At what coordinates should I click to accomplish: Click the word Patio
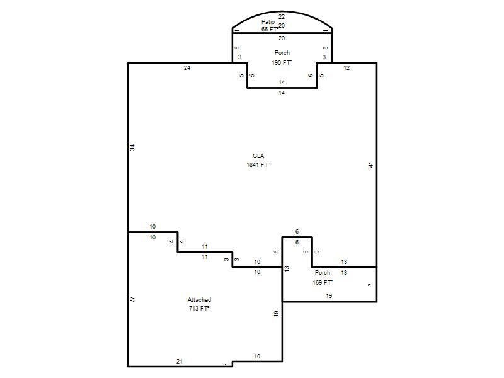click(268, 22)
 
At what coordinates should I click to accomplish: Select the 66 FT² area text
click(270, 29)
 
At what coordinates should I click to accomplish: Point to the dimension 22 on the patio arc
click(282, 17)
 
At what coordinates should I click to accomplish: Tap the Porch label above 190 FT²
click(282, 53)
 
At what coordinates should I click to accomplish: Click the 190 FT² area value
click(282, 62)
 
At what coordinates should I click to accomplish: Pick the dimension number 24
click(187, 68)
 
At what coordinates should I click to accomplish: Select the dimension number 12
click(346, 68)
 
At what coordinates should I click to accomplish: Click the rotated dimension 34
click(132, 147)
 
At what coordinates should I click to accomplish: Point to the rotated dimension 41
click(371, 164)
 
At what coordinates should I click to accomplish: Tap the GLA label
click(258, 156)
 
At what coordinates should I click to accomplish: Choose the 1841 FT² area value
click(258, 165)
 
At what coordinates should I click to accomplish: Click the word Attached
click(199, 300)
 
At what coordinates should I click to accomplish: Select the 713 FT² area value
click(199, 309)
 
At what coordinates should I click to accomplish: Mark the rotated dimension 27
click(132, 299)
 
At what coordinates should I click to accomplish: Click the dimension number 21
click(180, 361)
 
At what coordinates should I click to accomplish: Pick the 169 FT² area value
click(323, 282)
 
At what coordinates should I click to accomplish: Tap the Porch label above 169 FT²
click(323, 273)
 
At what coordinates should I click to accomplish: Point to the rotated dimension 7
click(370, 285)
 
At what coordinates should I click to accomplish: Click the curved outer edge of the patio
click(282, 11)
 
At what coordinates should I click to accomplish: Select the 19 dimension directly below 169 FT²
click(329, 295)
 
